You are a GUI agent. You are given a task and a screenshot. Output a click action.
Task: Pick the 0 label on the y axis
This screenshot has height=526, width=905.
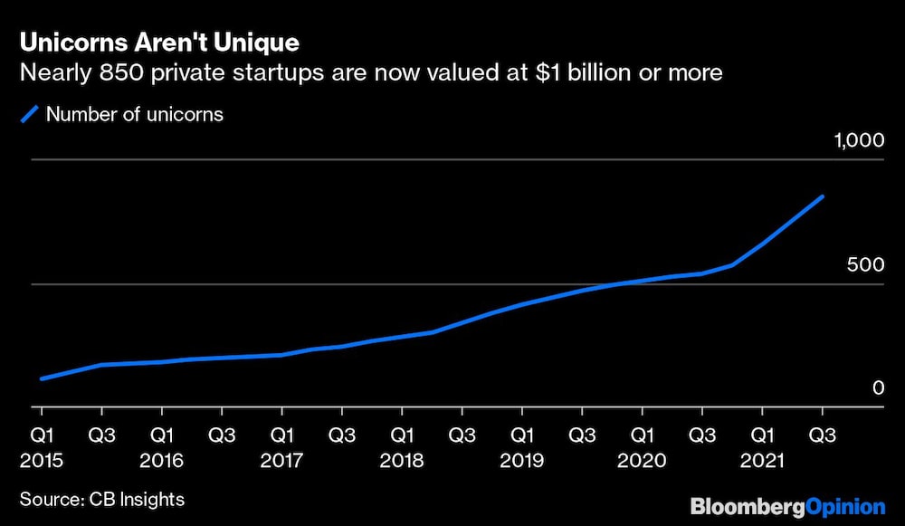pyautogui.click(x=877, y=387)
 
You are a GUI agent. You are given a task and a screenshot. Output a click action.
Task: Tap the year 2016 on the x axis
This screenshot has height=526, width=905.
pyautogui.click(x=161, y=460)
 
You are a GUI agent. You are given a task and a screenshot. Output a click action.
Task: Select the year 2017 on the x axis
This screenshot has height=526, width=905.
pyautogui.click(x=281, y=460)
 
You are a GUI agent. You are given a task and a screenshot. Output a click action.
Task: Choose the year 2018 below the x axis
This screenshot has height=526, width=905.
pyautogui.click(x=402, y=460)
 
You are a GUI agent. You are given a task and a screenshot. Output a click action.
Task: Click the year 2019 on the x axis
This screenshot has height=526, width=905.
pyautogui.click(x=522, y=460)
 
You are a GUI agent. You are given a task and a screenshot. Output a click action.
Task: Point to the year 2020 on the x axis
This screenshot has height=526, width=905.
pyautogui.click(x=643, y=460)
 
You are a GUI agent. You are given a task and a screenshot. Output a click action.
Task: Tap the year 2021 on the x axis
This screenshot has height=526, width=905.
pyautogui.click(x=763, y=460)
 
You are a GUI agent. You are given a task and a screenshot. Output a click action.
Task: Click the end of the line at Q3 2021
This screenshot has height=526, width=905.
pyautogui.click(x=823, y=196)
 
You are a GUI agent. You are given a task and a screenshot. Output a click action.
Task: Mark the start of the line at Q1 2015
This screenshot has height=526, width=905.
pyautogui.click(x=42, y=378)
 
